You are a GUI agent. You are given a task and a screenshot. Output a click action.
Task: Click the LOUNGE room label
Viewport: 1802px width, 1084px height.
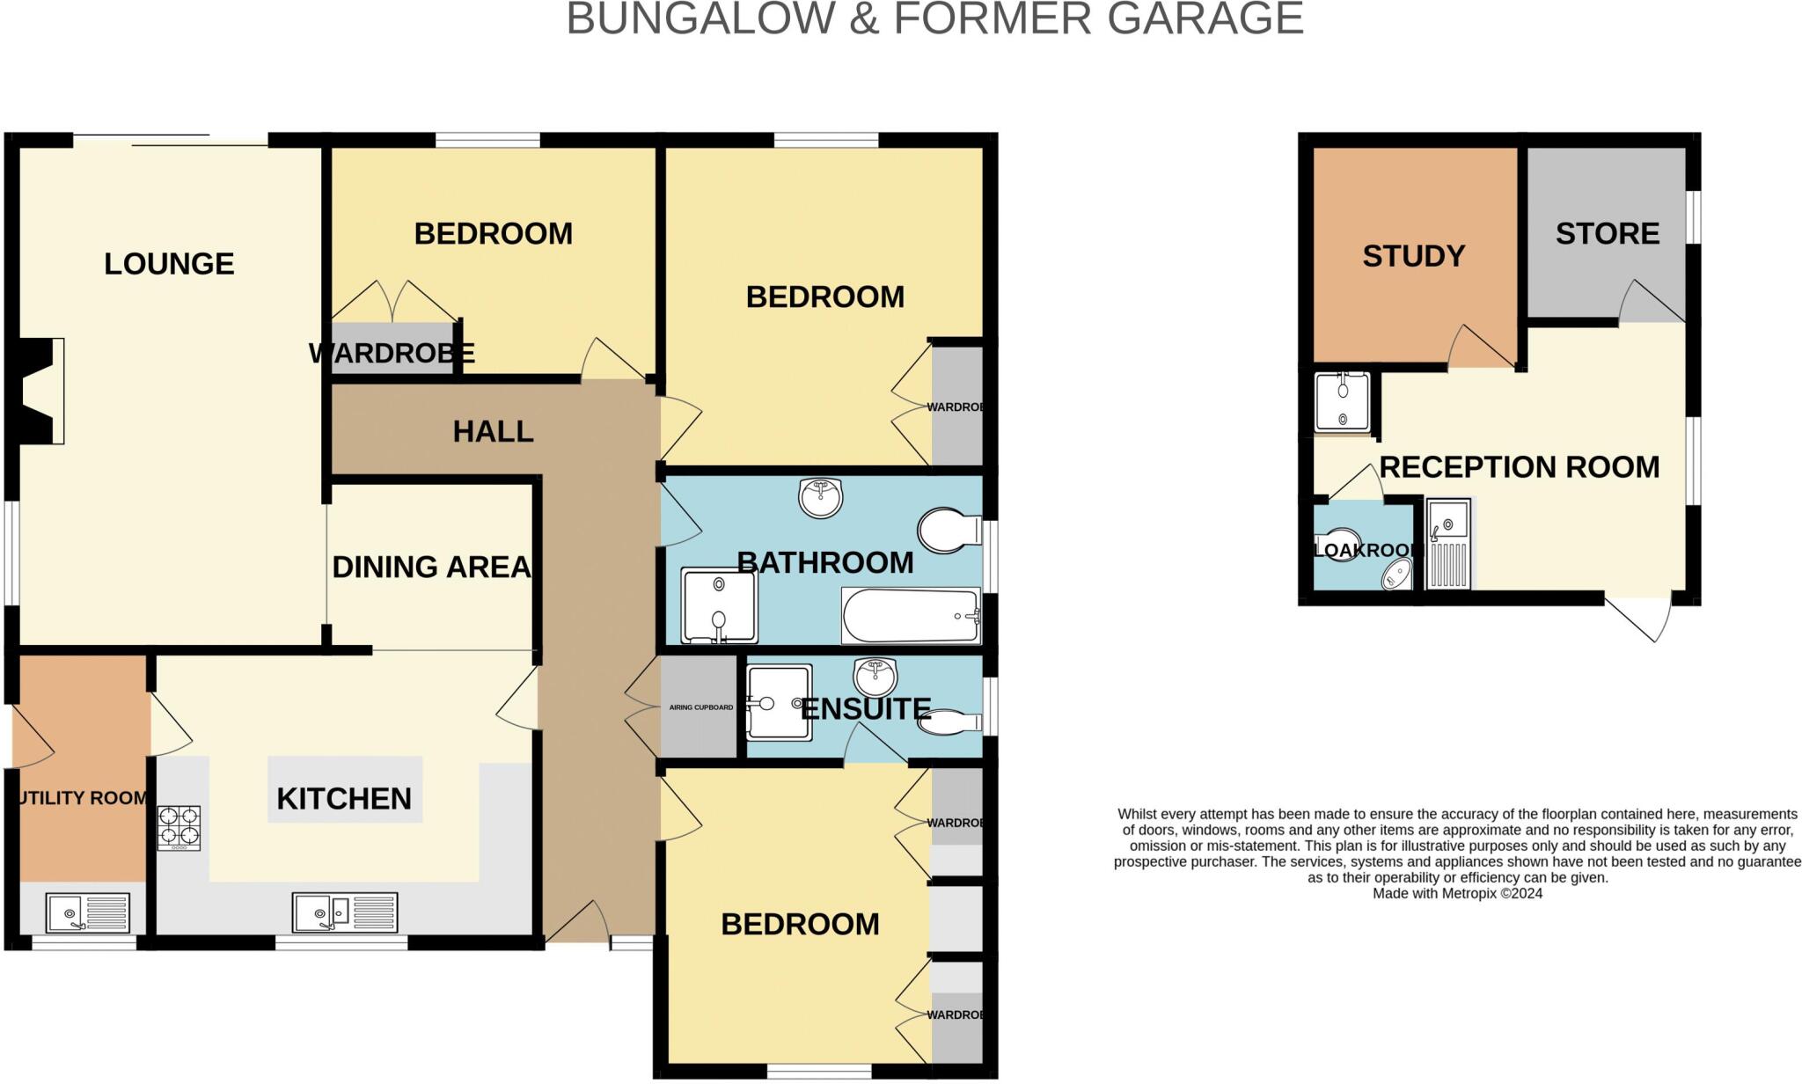169,264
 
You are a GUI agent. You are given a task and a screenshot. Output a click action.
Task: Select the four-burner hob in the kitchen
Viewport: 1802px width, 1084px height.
179,828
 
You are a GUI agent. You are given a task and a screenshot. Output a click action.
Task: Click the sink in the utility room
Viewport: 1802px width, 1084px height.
87,912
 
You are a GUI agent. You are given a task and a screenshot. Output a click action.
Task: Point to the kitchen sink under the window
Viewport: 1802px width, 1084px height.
344,912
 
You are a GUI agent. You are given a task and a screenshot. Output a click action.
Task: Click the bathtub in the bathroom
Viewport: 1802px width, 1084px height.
911,616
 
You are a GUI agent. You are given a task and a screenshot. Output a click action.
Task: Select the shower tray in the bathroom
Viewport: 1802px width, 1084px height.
719,606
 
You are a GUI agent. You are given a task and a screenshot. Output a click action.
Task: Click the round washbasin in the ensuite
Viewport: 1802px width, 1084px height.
875,677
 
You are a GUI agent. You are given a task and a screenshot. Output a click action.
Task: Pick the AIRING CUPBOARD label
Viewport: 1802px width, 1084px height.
700,707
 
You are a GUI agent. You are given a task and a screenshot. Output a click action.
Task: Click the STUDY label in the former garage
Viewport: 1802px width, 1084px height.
1413,256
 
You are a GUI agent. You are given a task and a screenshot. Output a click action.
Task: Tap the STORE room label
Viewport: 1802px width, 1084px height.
1607,233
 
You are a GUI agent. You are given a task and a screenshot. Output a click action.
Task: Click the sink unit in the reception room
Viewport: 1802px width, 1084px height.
1447,544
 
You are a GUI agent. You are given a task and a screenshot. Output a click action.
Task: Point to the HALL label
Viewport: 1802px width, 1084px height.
493,432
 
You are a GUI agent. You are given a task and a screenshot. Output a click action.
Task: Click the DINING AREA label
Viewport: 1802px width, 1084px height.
431,568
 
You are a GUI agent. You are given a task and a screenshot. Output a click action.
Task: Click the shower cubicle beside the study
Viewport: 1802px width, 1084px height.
1342,403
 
